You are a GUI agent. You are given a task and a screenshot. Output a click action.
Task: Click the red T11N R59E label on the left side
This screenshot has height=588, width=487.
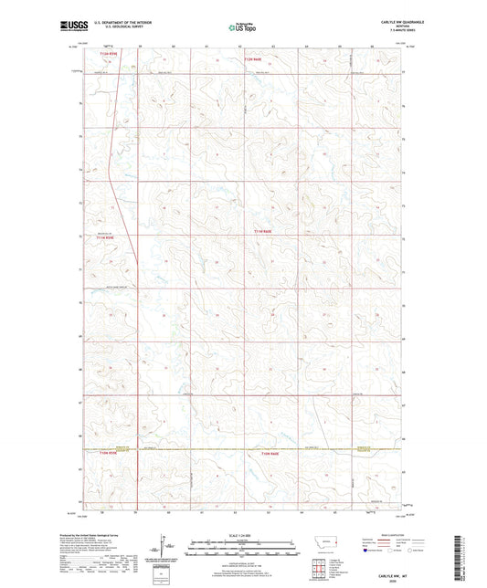108,239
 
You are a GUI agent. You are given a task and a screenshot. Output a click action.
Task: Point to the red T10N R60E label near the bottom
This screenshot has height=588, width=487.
270,453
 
